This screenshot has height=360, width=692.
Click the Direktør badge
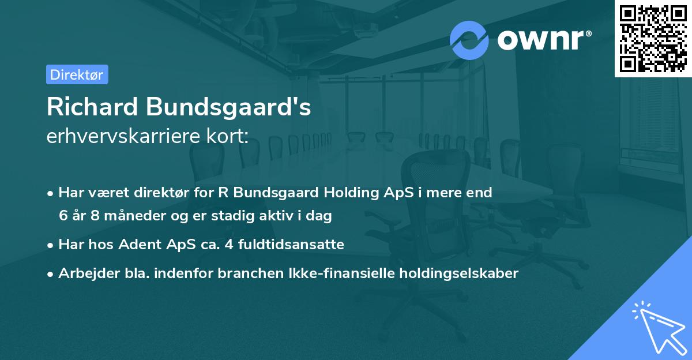(x=77, y=74)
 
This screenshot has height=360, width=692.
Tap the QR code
(x=653, y=39)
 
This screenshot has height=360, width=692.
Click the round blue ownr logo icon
(x=469, y=40)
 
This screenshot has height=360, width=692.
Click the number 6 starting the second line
(x=62, y=216)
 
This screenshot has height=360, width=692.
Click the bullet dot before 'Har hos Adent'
(x=51, y=245)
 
